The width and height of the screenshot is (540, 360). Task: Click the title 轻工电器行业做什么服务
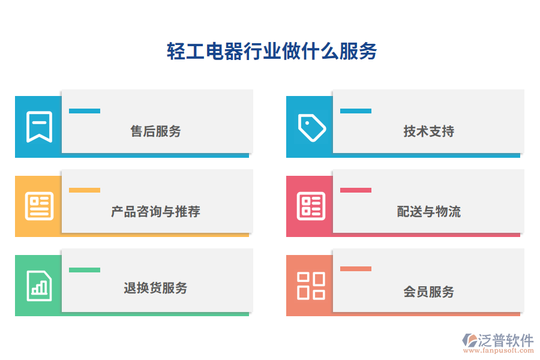tap(271, 52)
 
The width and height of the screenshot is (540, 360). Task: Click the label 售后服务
tap(155, 131)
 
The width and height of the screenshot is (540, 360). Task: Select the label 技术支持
tap(428, 131)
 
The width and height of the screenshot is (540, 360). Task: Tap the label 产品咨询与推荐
tap(155, 211)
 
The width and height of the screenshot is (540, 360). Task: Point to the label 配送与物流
tap(428, 211)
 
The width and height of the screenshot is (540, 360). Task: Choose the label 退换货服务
tap(155, 288)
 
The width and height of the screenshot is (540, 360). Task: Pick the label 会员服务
tap(428, 292)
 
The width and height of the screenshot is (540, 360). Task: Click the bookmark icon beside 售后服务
tap(39, 127)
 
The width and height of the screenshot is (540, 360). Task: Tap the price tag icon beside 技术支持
tap(311, 127)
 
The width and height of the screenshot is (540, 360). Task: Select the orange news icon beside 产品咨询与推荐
tap(39, 206)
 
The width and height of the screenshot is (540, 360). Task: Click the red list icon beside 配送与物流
tap(311, 206)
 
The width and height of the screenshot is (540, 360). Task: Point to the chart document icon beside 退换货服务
tap(39, 285)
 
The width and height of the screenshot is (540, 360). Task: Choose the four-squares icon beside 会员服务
tap(311, 285)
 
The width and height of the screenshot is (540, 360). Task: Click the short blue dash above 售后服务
tap(85, 111)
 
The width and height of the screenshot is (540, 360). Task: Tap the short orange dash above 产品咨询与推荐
tap(85, 190)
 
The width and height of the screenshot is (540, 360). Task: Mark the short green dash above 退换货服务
tap(85, 270)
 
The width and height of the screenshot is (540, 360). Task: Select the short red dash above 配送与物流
tap(356, 190)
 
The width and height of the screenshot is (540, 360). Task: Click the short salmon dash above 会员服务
tap(356, 269)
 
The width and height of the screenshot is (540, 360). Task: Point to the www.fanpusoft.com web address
tap(502, 351)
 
